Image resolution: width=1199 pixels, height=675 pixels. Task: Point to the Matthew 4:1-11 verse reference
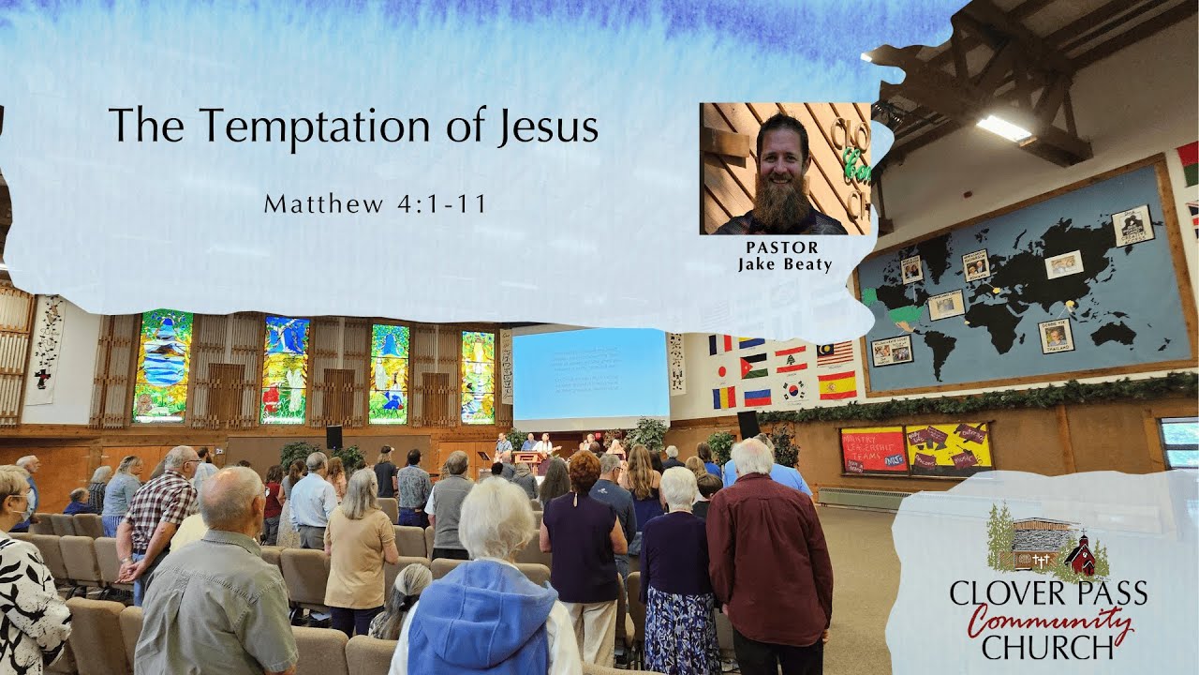375,203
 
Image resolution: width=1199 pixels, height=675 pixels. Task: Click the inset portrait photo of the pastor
785,169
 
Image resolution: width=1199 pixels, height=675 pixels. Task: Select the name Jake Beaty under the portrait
784,264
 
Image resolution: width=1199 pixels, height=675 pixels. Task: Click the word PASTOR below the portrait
782,247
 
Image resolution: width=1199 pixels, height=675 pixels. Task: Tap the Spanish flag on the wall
836,384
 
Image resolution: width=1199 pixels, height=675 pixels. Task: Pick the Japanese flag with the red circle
722,370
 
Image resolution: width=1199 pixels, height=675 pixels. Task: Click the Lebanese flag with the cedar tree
790,359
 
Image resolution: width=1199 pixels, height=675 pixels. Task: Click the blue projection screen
590,374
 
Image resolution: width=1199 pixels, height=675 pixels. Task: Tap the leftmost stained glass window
163,366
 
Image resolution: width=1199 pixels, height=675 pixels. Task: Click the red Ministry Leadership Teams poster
873,450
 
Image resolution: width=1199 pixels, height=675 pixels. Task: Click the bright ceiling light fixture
1003,128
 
